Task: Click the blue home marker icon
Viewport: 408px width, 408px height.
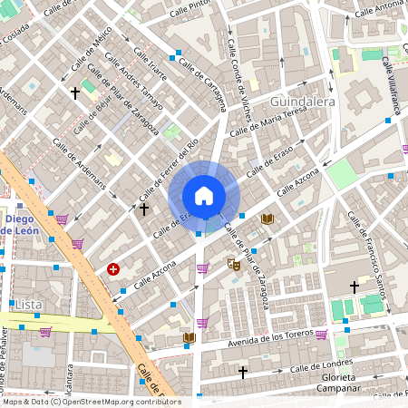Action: pos(204,195)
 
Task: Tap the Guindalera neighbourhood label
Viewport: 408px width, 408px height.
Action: pos(302,102)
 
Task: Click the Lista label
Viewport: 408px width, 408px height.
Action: pos(28,305)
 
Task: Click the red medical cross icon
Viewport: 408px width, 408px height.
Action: pos(113,269)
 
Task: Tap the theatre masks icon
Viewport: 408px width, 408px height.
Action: pos(234,264)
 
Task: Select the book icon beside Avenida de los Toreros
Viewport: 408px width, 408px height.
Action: pos(189,338)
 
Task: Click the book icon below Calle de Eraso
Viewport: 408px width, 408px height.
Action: pos(267,219)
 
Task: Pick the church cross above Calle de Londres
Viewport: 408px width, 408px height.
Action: pos(242,372)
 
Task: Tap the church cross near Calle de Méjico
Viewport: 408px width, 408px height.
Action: pos(75,92)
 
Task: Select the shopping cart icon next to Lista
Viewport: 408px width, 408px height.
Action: pos(45,332)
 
